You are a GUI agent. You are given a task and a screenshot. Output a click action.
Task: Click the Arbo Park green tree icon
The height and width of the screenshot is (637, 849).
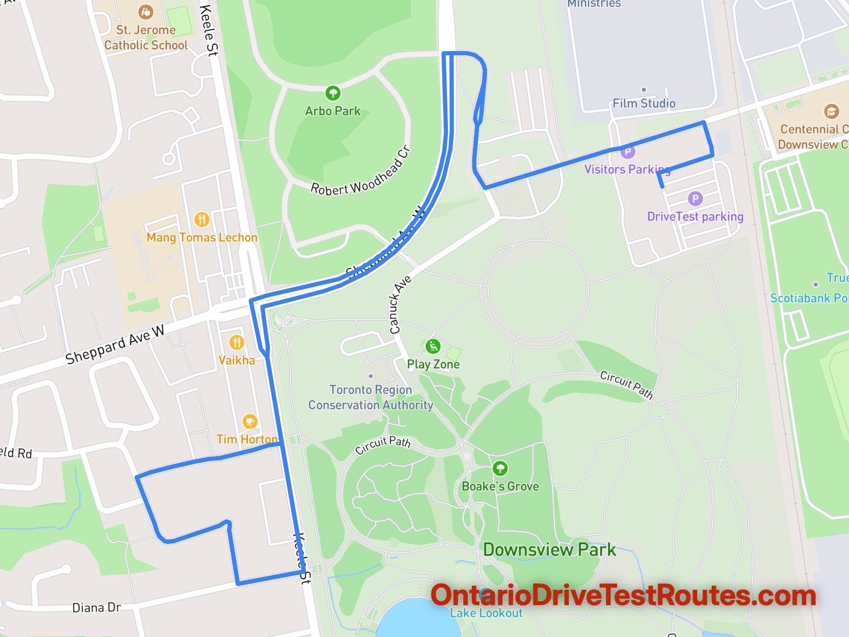click(333, 93)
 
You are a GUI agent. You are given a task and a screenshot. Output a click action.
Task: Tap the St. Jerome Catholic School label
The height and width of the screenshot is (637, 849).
click(146, 38)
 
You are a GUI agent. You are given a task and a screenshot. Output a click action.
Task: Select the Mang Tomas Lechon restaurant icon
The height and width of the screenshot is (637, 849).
click(202, 219)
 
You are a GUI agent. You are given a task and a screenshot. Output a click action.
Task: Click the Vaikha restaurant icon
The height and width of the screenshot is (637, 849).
click(237, 342)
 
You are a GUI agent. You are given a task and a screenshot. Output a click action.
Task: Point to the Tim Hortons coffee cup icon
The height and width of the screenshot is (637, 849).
click(249, 421)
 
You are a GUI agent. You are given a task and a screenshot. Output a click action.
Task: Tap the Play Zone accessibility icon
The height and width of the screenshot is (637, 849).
click(433, 346)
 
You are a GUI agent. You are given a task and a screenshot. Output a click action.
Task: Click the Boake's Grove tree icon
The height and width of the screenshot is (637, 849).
click(500, 468)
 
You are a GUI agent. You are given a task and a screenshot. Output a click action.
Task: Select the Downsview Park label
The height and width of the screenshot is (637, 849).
click(549, 549)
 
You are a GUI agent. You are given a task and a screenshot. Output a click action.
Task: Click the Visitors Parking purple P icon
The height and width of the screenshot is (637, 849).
click(628, 151)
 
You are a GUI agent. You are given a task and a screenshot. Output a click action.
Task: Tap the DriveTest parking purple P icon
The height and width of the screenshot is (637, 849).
click(695, 199)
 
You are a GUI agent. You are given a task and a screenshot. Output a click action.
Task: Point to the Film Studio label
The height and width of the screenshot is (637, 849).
click(644, 103)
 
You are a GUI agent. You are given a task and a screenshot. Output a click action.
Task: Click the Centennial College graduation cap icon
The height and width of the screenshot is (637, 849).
click(831, 111)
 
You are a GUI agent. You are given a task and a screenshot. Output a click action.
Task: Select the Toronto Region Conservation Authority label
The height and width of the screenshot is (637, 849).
click(371, 397)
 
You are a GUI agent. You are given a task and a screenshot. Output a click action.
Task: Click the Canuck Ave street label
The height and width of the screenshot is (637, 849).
click(400, 305)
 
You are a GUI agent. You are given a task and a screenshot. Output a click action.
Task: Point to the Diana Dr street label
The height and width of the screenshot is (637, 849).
click(97, 607)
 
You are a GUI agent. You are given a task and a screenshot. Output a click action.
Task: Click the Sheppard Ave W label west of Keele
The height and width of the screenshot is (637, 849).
click(115, 345)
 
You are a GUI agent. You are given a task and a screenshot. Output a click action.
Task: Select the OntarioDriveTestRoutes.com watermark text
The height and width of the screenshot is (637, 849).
click(623, 596)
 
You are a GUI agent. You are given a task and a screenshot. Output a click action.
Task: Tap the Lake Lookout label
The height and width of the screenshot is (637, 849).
click(486, 613)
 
